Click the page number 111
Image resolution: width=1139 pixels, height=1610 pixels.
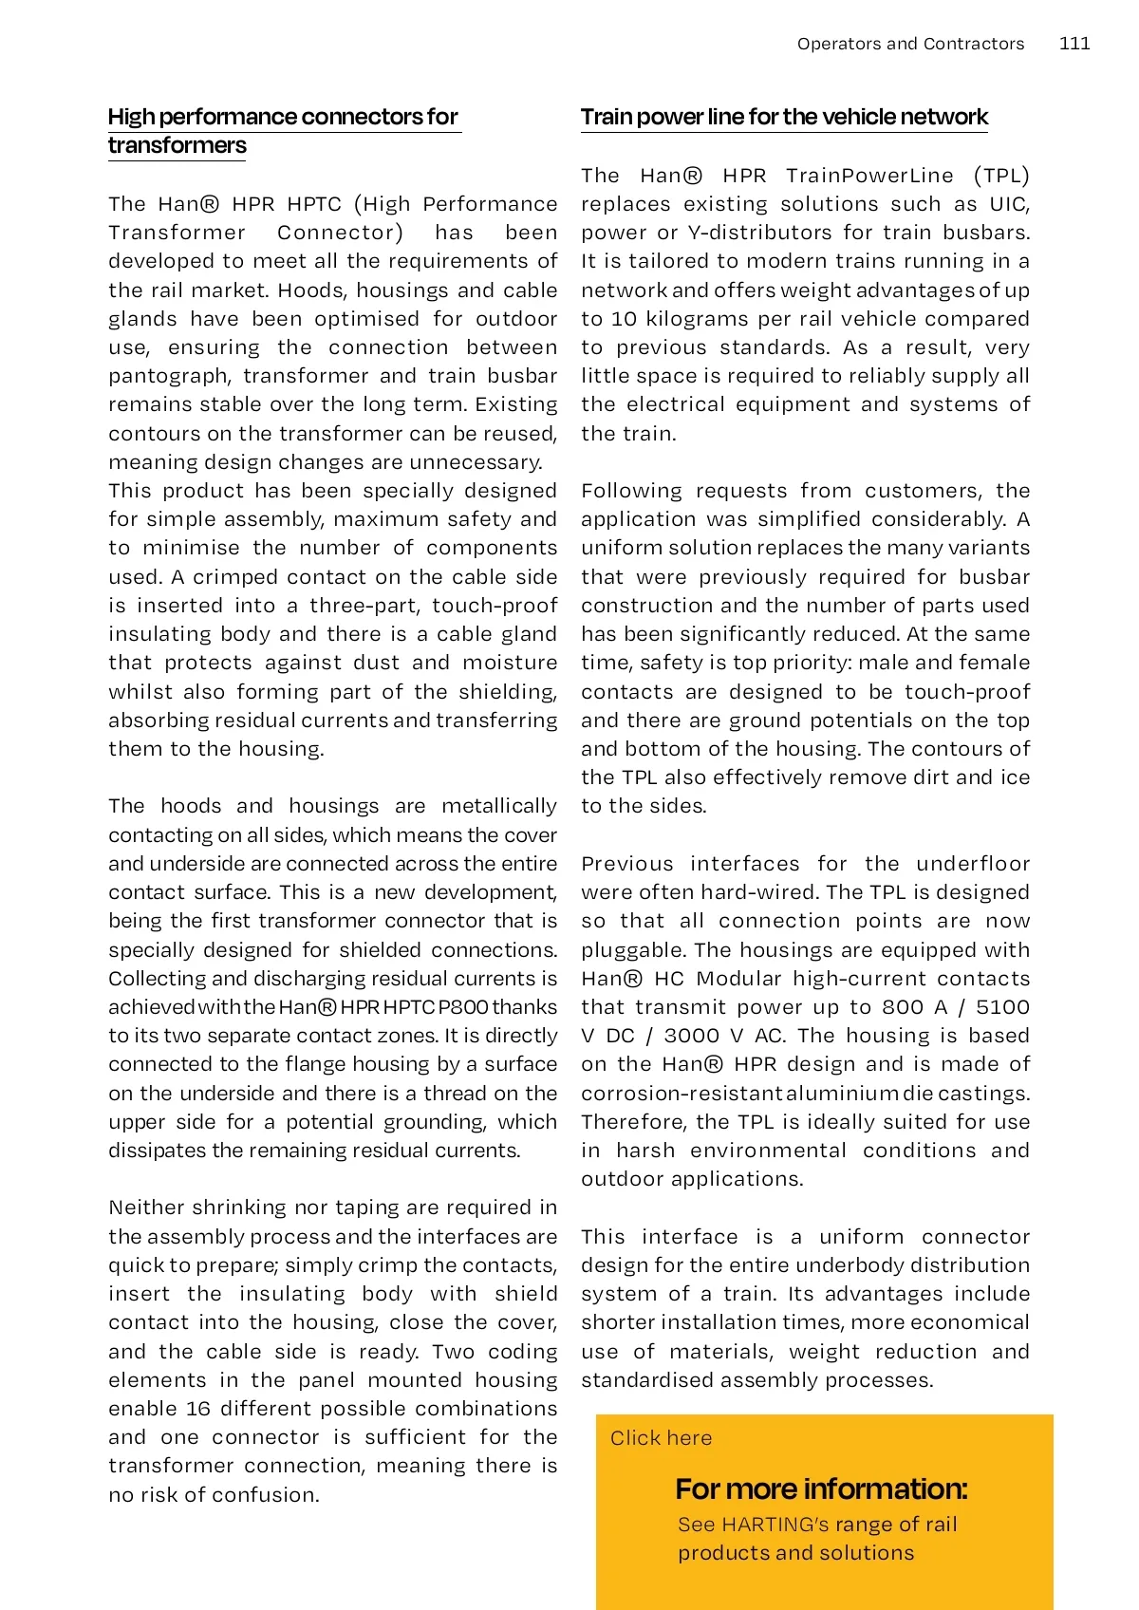[x=1074, y=44]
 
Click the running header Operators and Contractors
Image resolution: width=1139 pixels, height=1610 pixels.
[x=910, y=44]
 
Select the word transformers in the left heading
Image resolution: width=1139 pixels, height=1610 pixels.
[x=177, y=145]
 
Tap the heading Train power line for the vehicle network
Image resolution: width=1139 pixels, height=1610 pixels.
[x=784, y=117]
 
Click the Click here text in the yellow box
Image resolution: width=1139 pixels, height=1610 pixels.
[x=661, y=1437]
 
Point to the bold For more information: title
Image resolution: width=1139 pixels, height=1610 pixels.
[x=821, y=1488]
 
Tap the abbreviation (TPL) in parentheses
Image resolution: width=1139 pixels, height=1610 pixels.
[x=1001, y=176]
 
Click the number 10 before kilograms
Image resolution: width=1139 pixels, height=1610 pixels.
[x=623, y=319]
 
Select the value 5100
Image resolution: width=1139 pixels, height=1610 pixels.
[x=1002, y=1007]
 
